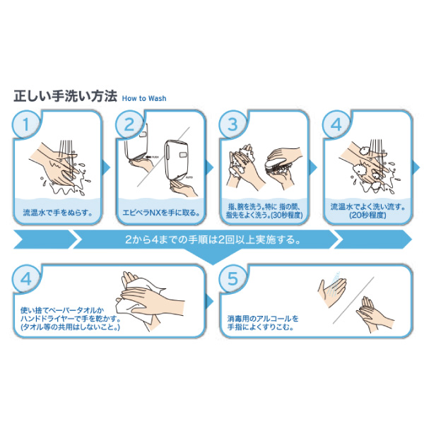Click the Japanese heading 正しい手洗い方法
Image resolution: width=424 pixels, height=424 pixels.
(x=66, y=96)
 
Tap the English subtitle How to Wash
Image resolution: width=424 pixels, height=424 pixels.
(x=144, y=98)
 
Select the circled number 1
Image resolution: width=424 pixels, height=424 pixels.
(x=26, y=124)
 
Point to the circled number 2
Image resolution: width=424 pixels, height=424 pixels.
(x=129, y=124)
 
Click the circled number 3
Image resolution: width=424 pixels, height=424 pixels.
(x=232, y=124)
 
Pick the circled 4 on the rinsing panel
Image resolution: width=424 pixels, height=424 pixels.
(x=336, y=124)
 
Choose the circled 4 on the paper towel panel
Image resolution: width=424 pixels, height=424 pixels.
(x=26, y=279)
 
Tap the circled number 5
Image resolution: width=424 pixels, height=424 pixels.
(x=232, y=279)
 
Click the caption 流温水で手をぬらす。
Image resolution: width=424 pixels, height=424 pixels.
(x=58, y=213)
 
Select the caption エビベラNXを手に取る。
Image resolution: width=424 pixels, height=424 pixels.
(x=161, y=213)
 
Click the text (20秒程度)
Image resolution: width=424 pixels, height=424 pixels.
(x=367, y=216)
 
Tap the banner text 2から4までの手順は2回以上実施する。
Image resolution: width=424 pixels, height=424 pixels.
(x=213, y=240)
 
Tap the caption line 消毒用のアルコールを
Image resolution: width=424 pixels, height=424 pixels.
(x=263, y=319)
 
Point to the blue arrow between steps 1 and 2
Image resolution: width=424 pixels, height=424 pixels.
(x=107, y=167)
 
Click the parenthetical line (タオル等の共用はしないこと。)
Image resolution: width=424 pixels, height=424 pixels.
(x=70, y=327)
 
